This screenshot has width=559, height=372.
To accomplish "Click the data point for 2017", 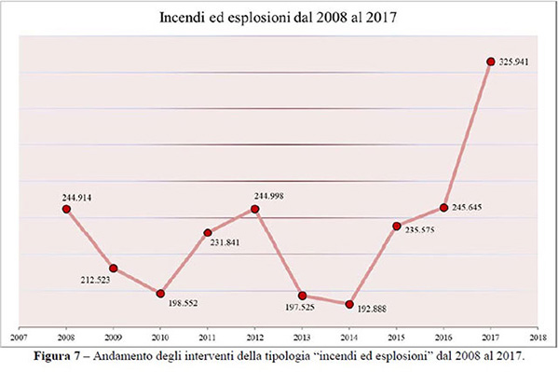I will pyautogui.click(x=490, y=62).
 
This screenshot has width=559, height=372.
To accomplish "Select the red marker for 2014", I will pyautogui.click(x=349, y=304).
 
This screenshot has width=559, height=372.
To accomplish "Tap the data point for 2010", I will pyautogui.click(x=160, y=294).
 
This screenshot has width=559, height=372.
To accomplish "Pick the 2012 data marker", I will pyautogui.click(x=255, y=209).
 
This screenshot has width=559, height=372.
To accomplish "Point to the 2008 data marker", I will pyautogui.click(x=66, y=209).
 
